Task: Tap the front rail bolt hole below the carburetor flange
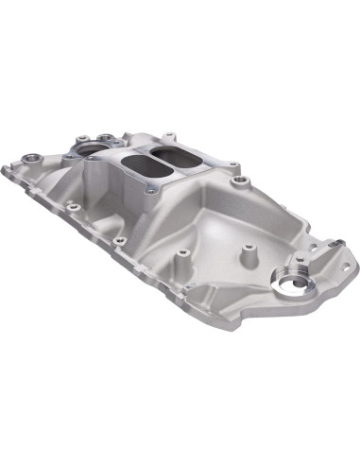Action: pyautogui.click(x=120, y=240)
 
